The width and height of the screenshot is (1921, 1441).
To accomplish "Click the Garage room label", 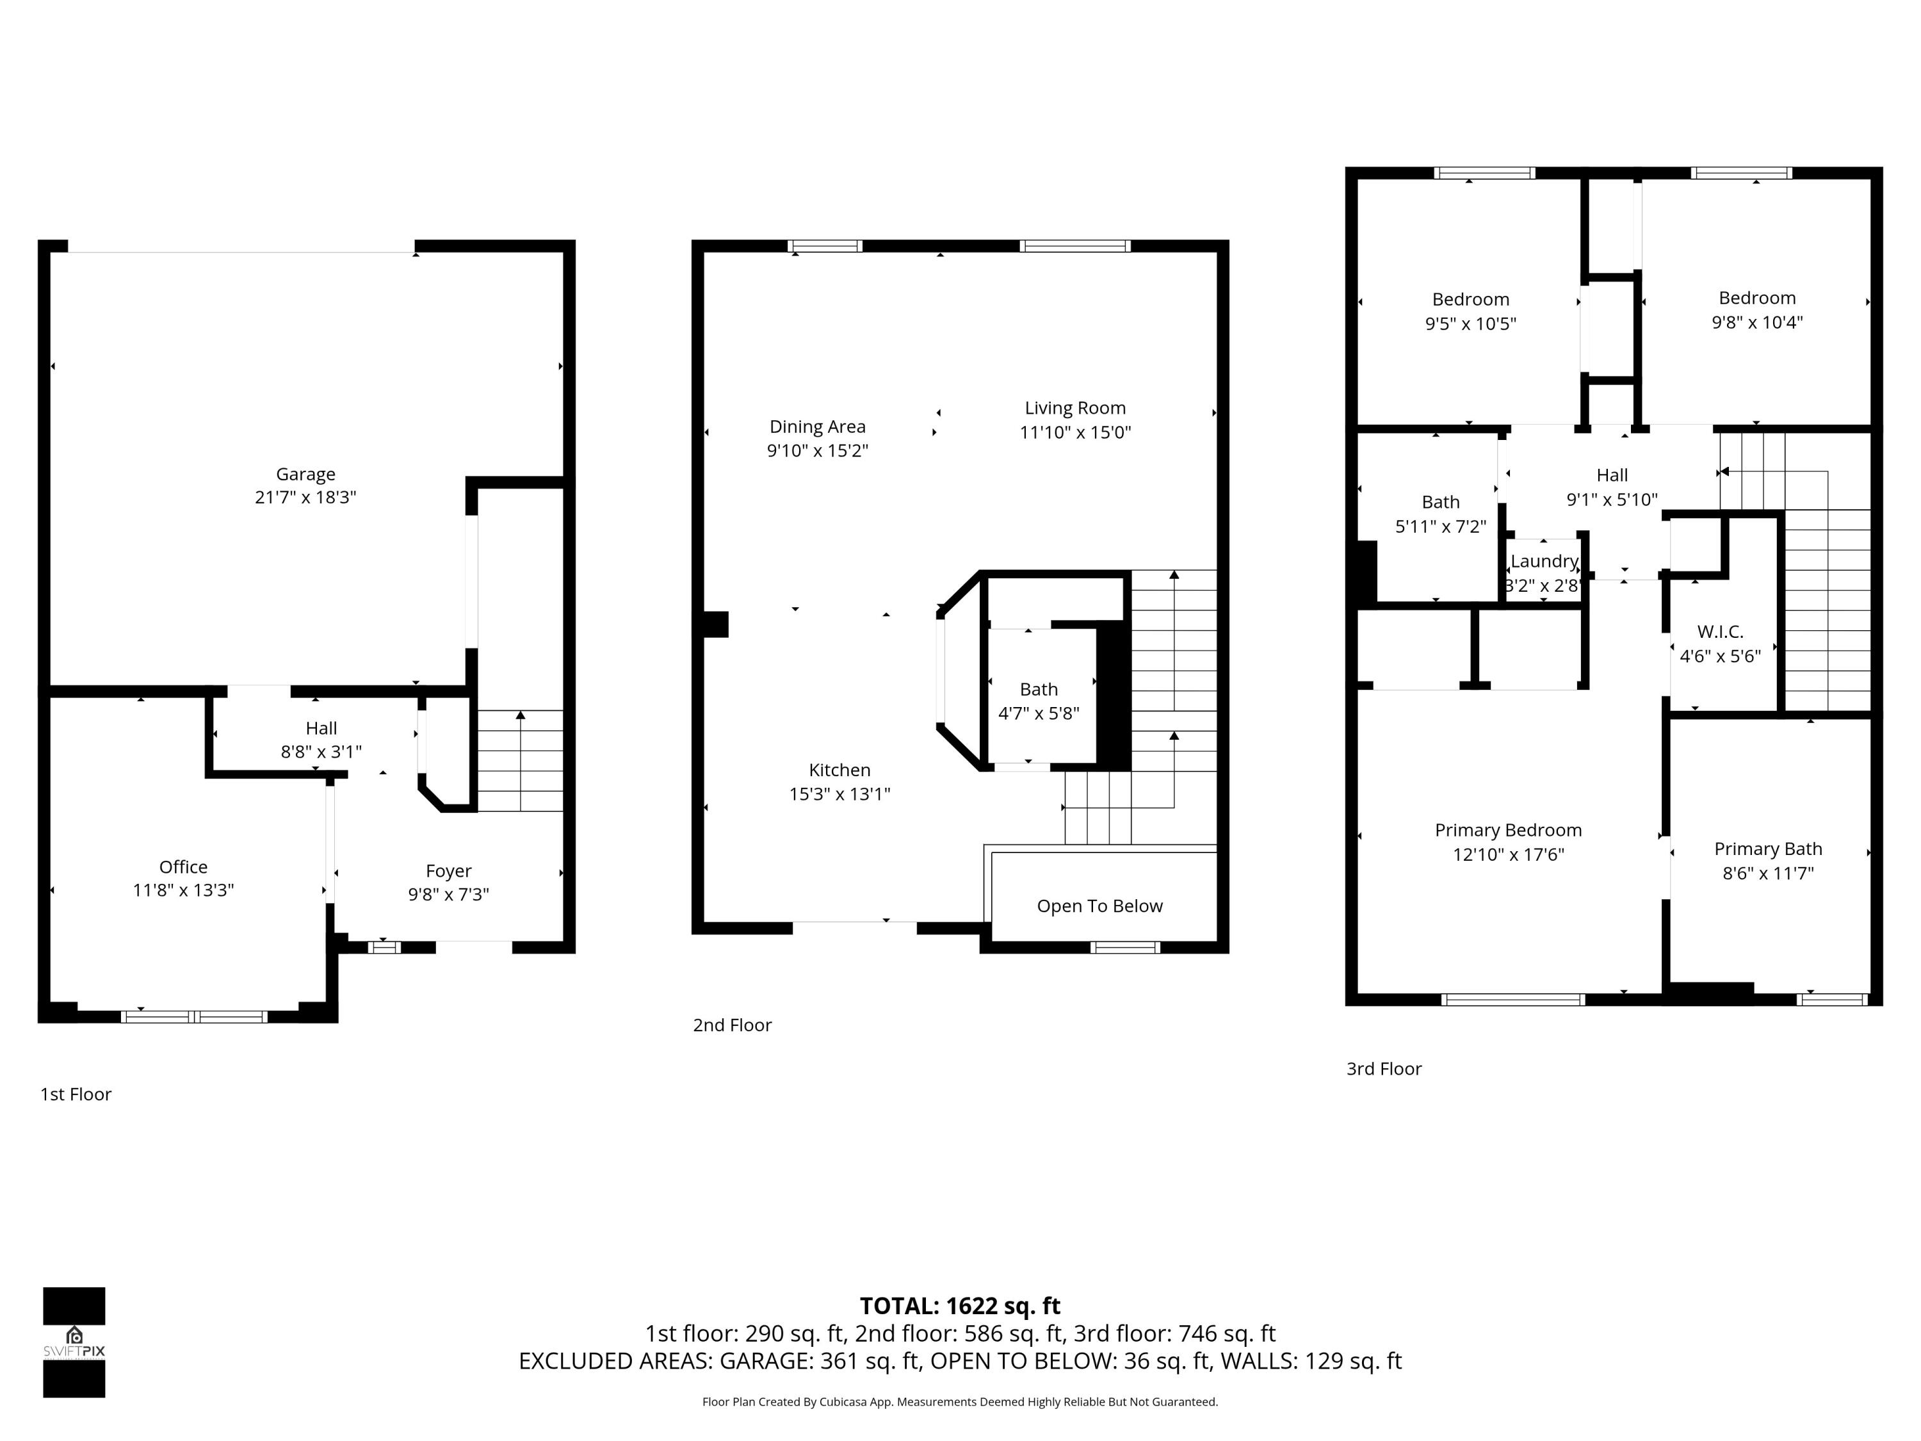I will [305, 475].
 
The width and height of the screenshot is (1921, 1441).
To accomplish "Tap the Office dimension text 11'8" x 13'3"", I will [183, 890].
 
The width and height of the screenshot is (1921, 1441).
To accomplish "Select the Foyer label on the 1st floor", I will [448, 870].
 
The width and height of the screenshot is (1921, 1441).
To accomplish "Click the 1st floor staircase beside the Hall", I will [519, 761].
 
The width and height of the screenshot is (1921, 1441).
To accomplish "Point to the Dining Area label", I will [817, 427].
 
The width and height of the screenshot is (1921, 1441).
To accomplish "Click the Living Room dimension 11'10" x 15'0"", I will [1074, 432].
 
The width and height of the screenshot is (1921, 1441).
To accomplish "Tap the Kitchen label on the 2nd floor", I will [839, 770].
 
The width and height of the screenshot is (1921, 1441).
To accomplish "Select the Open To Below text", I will [1099, 906].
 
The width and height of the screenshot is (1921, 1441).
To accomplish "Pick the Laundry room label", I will [1543, 561].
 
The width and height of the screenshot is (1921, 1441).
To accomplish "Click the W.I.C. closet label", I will [1719, 631].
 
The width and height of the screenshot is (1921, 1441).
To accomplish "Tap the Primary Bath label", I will [1767, 849].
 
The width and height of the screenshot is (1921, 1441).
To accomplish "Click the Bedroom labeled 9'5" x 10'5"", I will [1470, 300].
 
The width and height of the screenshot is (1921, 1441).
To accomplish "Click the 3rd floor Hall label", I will [1612, 475].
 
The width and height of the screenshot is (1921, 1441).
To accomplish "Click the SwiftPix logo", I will [74, 1342].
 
